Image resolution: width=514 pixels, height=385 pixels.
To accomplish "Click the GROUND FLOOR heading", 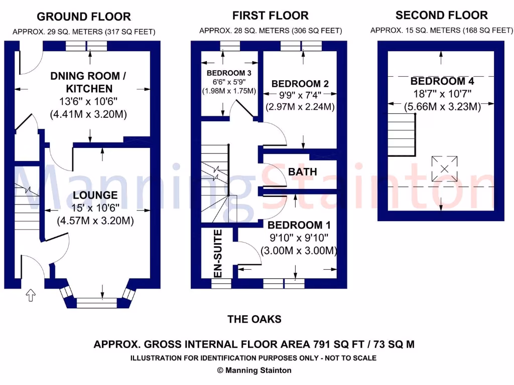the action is point(84,17).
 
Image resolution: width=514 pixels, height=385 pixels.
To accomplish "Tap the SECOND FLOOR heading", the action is point(442,15).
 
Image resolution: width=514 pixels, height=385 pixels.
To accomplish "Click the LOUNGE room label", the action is point(95,195).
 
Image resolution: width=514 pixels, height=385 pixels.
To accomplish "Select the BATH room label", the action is point(303,171).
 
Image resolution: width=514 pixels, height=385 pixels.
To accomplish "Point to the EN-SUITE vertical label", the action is point(218,253).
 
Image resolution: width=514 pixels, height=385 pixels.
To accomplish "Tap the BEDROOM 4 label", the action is point(442,81).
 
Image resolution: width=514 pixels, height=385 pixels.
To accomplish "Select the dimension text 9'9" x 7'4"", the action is point(300,95).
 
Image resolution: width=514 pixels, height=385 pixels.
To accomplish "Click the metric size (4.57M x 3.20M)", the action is point(95,221).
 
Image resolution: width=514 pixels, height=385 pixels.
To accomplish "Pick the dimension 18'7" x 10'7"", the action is point(442,94).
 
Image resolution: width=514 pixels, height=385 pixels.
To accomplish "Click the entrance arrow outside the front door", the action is point(31,295).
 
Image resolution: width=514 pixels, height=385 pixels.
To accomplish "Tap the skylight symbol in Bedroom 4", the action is point(445,169).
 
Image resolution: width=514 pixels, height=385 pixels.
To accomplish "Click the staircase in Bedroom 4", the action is point(402,134).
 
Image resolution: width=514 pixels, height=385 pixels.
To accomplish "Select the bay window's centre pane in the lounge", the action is point(96,303).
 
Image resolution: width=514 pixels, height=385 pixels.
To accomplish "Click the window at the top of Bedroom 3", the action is point(230,46).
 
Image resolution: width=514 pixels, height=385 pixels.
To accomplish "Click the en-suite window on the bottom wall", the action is point(221,284).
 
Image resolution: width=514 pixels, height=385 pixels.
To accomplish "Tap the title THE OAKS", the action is point(254,319).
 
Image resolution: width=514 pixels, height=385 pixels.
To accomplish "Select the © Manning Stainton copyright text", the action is point(254,370).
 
